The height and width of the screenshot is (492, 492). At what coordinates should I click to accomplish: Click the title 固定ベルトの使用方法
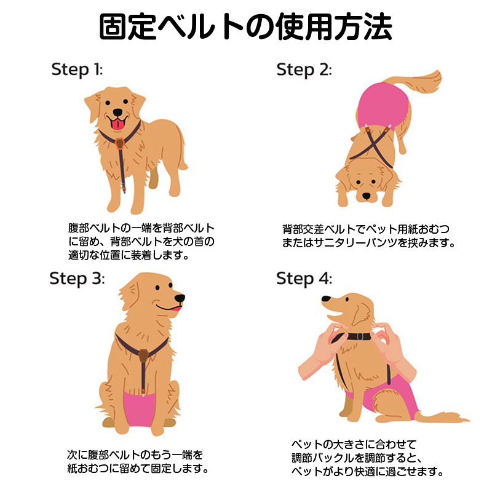click(x=245, y=26)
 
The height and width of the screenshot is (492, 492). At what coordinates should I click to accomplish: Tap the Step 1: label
click(x=77, y=69)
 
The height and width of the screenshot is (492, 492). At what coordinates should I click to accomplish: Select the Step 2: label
click(x=304, y=69)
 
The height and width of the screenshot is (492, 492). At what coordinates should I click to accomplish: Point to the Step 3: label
click(x=77, y=279)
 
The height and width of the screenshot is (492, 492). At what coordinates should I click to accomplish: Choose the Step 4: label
click(x=304, y=279)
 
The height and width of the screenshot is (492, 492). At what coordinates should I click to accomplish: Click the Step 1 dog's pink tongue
click(x=117, y=124)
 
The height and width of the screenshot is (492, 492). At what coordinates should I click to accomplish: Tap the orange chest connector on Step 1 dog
click(x=119, y=144)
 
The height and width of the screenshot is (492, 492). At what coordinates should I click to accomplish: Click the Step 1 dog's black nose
click(x=117, y=113)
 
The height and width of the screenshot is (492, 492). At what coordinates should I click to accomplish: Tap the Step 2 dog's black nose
click(x=366, y=196)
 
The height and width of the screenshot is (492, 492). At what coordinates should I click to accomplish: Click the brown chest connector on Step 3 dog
click(x=143, y=355)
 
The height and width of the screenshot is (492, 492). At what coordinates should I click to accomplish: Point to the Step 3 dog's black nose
click(x=180, y=298)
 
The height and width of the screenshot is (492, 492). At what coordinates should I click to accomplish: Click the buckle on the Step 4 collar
click(x=360, y=336)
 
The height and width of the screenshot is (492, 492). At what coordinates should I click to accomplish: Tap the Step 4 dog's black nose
click(x=326, y=299)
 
